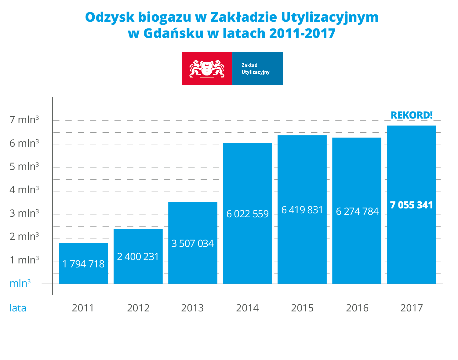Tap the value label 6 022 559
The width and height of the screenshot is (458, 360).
[247, 214]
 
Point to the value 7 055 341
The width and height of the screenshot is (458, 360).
[412, 205]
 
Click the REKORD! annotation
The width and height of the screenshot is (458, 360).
[412, 115]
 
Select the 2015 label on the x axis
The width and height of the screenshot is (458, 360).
[302, 308]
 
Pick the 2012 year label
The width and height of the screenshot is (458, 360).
[138, 308]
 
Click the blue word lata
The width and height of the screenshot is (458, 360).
[18, 308]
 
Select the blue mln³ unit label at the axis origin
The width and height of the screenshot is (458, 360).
[20, 283]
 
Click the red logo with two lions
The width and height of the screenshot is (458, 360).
[207, 69]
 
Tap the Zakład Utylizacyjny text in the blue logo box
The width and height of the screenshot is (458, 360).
[256, 69]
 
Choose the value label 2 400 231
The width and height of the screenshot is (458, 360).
[138, 257]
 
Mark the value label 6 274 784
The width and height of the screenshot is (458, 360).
[357, 211]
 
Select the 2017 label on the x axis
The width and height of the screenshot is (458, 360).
[412, 308]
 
